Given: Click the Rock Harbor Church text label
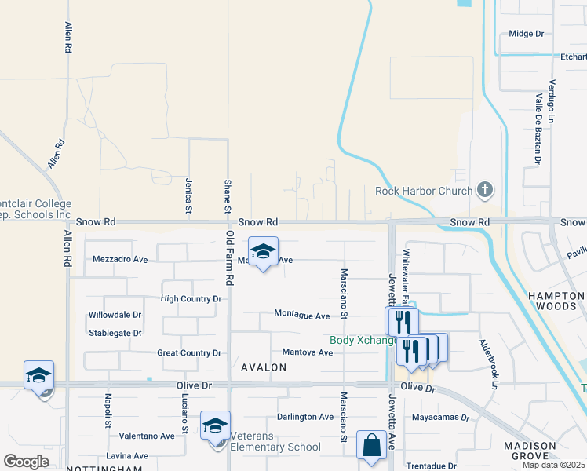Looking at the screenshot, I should pyautogui.click(x=424, y=191).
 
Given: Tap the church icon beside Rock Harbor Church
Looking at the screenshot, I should pyautogui.click(x=485, y=189).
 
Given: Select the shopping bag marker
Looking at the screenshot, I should pyautogui.click(x=371, y=446).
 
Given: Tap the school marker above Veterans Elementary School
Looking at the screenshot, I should pyautogui.click(x=214, y=426).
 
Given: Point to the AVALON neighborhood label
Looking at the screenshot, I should pyautogui.click(x=264, y=367).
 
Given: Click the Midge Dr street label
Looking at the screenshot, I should pyautogui.click(x=526, y=34).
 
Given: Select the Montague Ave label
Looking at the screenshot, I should pyautogui.click(x=301, y=315).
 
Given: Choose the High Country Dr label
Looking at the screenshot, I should pyautogui.click(x=191, y=299).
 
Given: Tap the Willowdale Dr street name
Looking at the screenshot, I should pyautogui.click(x=115, y=315).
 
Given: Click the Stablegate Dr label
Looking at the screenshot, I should pyautogui.click(x=115, y=333).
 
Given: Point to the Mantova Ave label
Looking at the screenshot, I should pyautogui.click(x=308, y=352).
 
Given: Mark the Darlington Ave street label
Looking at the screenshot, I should pyautogui.click(x=305, y=417).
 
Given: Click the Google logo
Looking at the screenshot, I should pyautogui.click(x=27, y=461).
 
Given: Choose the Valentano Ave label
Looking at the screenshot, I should pyautogui.click(x=147, y=436).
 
